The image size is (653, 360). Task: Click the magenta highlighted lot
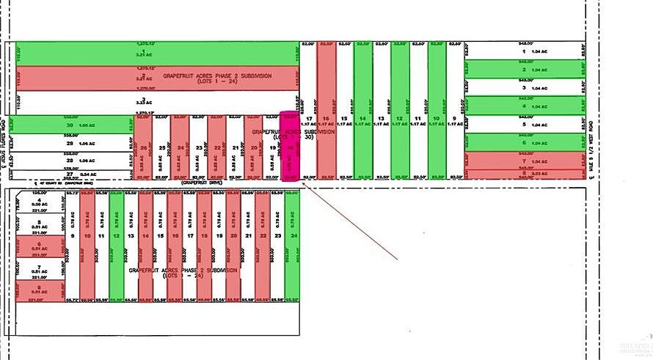point(291,147)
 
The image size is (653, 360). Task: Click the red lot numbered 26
point(143,147)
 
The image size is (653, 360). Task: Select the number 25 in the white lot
point(161,147)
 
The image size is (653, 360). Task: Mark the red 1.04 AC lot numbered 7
point(524,161)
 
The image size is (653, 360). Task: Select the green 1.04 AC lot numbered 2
point(524,70)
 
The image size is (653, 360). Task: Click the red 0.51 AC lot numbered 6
point(35,248)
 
